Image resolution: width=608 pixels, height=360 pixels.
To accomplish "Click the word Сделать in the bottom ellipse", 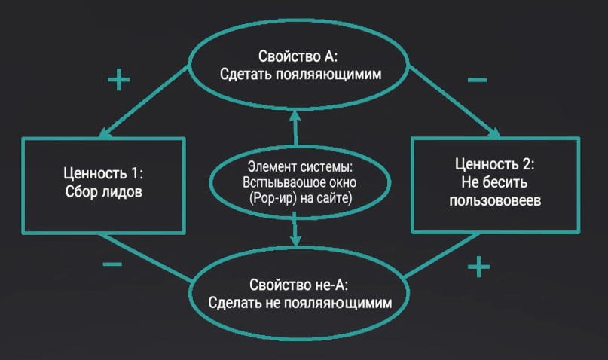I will [x=234, y=304].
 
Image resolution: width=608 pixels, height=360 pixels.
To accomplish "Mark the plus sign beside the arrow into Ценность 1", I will [x=118, y=80].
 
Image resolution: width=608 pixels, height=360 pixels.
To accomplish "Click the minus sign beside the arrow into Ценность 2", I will [x=476, y=79].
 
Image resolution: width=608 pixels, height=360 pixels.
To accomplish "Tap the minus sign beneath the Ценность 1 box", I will [x=112, y=264].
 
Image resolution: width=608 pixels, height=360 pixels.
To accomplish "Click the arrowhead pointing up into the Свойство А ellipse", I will [x=294, y=116].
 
